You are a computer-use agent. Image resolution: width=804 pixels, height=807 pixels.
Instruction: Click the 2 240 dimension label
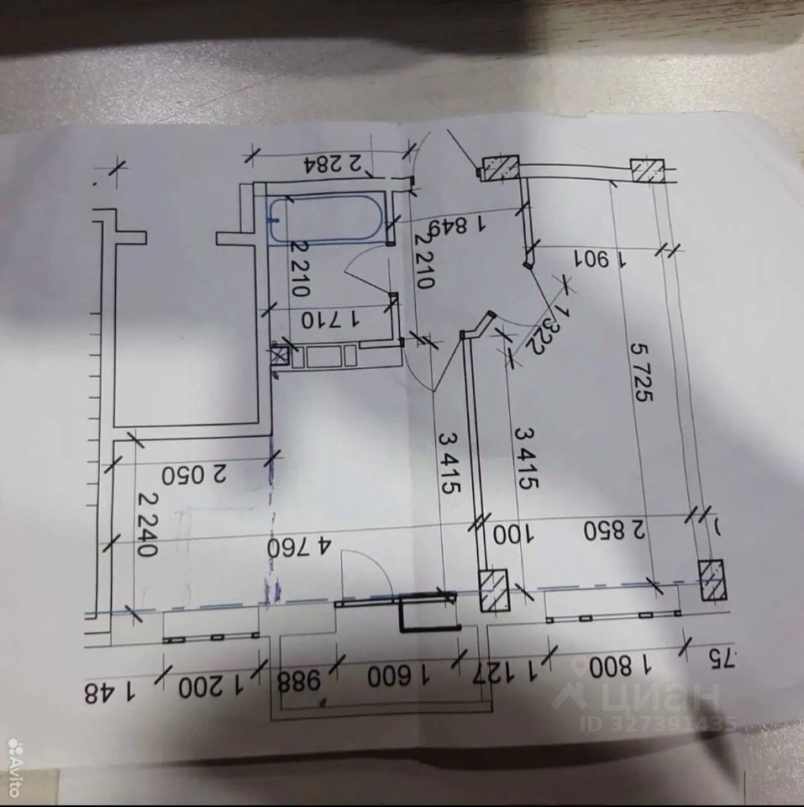[x=146, y=525]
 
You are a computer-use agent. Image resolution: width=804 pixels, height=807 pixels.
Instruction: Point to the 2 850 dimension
[x=617, y=530]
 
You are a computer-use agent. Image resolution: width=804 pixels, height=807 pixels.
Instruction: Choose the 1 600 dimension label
[x=395, y=677]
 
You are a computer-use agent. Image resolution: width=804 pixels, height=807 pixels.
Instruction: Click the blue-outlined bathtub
[x=328, y=219]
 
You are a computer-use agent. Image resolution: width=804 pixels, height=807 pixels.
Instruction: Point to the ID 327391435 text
[x=663, y=722]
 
